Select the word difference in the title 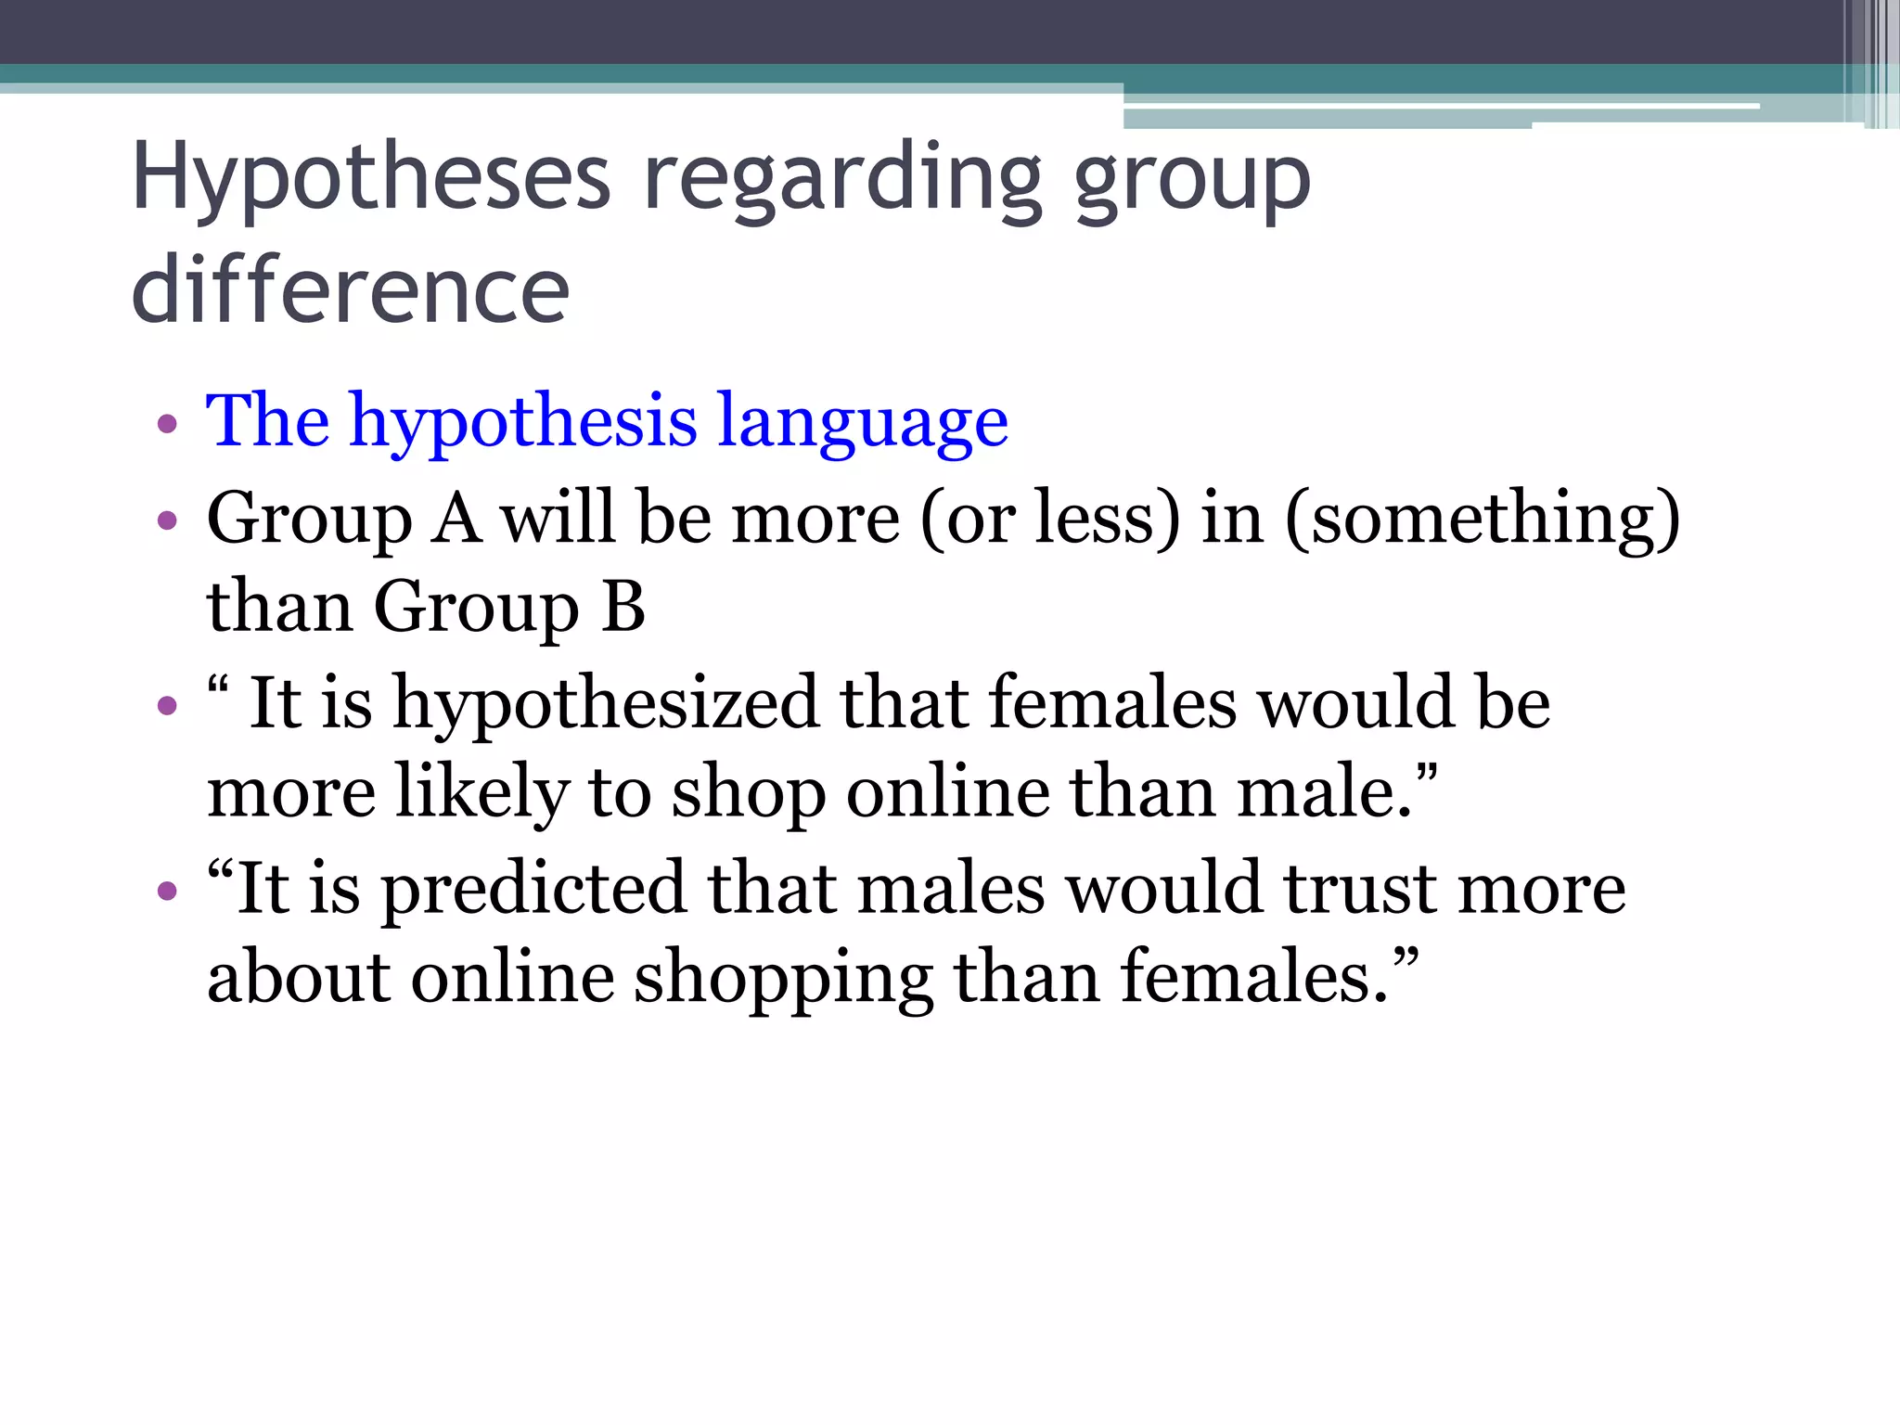[x=351, y=290]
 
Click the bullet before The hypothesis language [x=167, y=425]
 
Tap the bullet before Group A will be [x=167, y=520]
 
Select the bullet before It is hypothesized [x=167, y=706]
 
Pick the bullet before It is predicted [x=167, y=892]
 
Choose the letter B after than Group [x=623, y=608]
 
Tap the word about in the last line [x=298, y=980]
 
